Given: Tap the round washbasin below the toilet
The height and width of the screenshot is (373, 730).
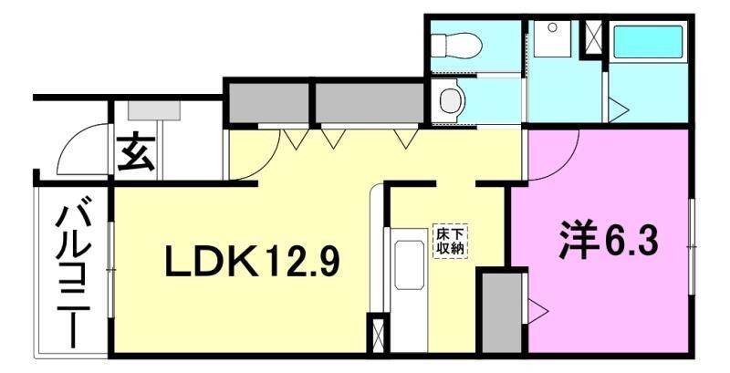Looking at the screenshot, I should click(447, 100).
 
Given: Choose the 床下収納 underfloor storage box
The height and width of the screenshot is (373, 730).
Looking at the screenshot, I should click(447, 241).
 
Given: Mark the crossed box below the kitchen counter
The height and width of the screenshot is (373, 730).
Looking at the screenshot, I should click(375, 333).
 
